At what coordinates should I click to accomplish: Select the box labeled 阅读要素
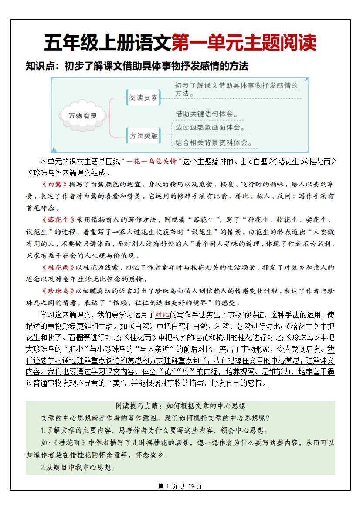pyautogui.click(x=143, y=98)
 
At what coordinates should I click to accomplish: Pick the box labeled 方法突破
pyautogui.click(x=143, y=136)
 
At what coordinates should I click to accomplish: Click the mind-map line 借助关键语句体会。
pyautogui.click(x=207, y=114)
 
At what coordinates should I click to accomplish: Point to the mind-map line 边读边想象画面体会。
pyautogui.click(x=210, y=128)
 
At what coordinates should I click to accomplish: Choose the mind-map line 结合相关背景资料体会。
pyautogui.click(x=214, y=142)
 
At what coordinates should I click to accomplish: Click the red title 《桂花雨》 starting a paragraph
pyautogui.click(x=59, y=267)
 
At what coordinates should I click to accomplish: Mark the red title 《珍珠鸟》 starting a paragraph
pyautogui.click(x=59, y=291)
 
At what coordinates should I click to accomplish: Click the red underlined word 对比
pyautogui.click(x=162, y=314)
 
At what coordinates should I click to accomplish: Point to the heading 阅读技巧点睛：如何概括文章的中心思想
pyautogui.click(x=180, y=406)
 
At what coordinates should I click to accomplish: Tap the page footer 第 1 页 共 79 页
pyautogui.click(x=180, y=486)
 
